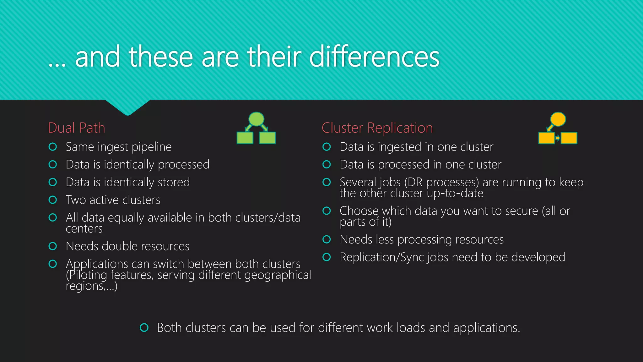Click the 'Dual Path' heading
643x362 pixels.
click(x=76, y=128)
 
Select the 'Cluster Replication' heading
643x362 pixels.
click(x=377, y=128)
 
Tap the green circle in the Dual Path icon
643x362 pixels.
click(x=256, y=119)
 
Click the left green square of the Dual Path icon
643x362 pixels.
click(x=245, y=138)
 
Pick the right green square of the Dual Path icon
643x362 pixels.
click(x=267, y=138)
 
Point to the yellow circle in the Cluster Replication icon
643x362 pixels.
click(x=558, y=119)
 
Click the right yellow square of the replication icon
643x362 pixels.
click(x=569, y=138)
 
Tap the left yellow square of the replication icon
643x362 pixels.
click(x=547, y=138)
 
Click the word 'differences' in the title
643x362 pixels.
click(x=374, y=57)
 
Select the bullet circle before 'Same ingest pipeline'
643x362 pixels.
click(x=53, y=147)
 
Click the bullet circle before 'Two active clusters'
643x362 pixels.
click(x=53, y=200)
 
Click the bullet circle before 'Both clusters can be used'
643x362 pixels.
click(x=144, y=328)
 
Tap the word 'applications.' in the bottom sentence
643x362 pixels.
click(x=486, y=328)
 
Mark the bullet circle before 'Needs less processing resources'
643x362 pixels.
click(x=327, y=239)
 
